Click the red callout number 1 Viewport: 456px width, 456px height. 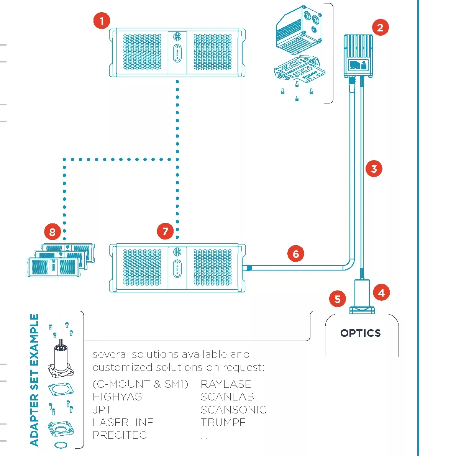pos(102,21)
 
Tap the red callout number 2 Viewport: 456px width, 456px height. pos(380,28)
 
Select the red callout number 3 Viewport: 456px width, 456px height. pos(374,169)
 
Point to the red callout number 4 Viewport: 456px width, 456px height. pos(381,293)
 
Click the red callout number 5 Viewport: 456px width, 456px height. pos(337,299)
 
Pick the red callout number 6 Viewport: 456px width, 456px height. pos(296,254)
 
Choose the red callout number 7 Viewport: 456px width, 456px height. pos(165,231)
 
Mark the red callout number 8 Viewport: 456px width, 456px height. pos(52,231)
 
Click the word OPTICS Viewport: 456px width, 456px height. pos(361,333)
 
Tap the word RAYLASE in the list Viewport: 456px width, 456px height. pos(226,384)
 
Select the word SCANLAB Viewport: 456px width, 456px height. pos(227,397)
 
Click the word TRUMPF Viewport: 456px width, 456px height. pos(223,422)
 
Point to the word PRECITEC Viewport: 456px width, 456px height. pos(120,435)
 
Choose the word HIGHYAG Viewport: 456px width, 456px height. pos(117,397)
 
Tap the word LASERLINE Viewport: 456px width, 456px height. pos(123,422)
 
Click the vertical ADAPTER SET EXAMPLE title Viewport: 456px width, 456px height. pos(34,380)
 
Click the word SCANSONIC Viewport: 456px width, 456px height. pos(233,410)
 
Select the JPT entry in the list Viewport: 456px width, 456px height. pos(102,410)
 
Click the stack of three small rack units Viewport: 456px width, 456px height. pos(61,259)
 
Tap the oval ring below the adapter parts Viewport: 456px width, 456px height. pos(60,445)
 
